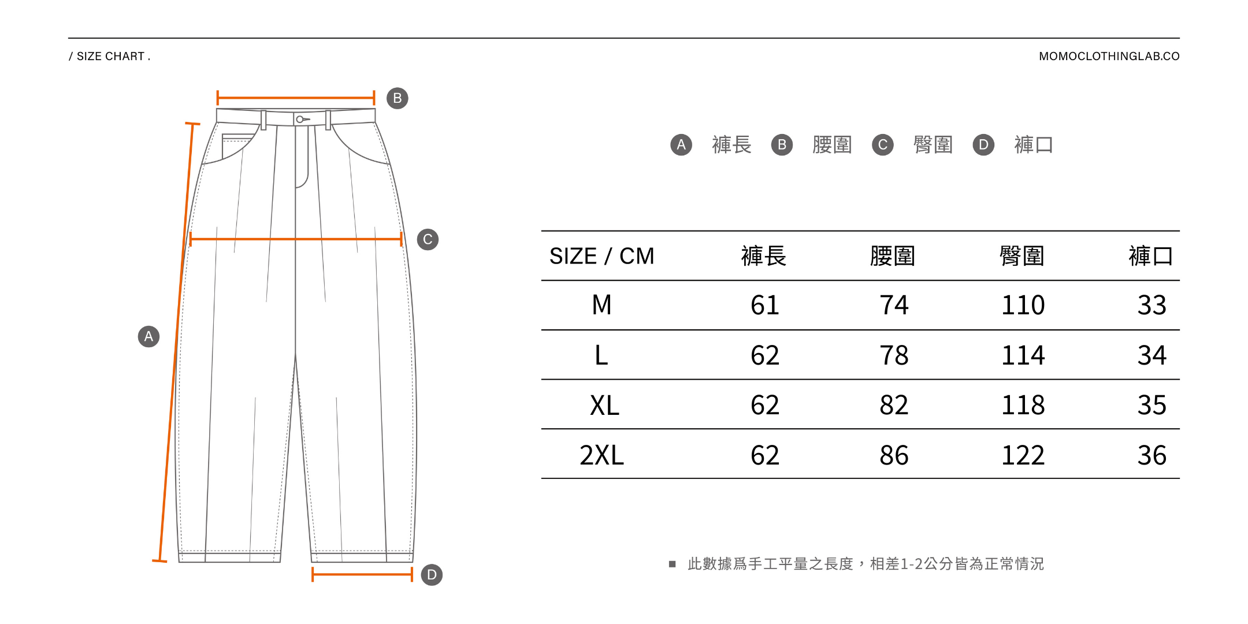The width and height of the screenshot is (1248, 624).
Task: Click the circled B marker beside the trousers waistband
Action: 398,98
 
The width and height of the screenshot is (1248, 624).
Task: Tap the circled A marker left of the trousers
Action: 148,336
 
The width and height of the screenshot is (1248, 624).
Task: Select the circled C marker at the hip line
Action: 428,239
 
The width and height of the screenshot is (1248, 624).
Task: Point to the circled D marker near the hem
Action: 432,575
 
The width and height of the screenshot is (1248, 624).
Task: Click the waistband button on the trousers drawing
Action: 300,120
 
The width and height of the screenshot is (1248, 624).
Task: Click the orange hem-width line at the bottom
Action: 362,574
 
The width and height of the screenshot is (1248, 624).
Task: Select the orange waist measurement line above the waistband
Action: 296,98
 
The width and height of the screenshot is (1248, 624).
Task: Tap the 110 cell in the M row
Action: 1023,305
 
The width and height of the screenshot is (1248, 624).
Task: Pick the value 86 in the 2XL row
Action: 894,455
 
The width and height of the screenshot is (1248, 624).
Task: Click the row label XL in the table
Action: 604,405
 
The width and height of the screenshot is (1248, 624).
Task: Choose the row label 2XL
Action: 601,455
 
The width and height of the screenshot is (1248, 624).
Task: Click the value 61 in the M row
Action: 764,305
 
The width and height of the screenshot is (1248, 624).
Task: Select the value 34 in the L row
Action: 1152,355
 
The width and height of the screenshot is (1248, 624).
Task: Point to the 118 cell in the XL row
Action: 1023,405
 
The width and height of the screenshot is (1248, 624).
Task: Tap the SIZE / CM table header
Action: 601,256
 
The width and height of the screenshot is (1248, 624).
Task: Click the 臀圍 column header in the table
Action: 1022,256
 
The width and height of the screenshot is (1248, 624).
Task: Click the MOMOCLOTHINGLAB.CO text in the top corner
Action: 1109,56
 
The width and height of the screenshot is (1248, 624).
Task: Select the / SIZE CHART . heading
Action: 110,56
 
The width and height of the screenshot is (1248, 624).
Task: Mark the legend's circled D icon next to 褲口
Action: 983,144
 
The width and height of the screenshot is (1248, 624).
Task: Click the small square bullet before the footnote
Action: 672,564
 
